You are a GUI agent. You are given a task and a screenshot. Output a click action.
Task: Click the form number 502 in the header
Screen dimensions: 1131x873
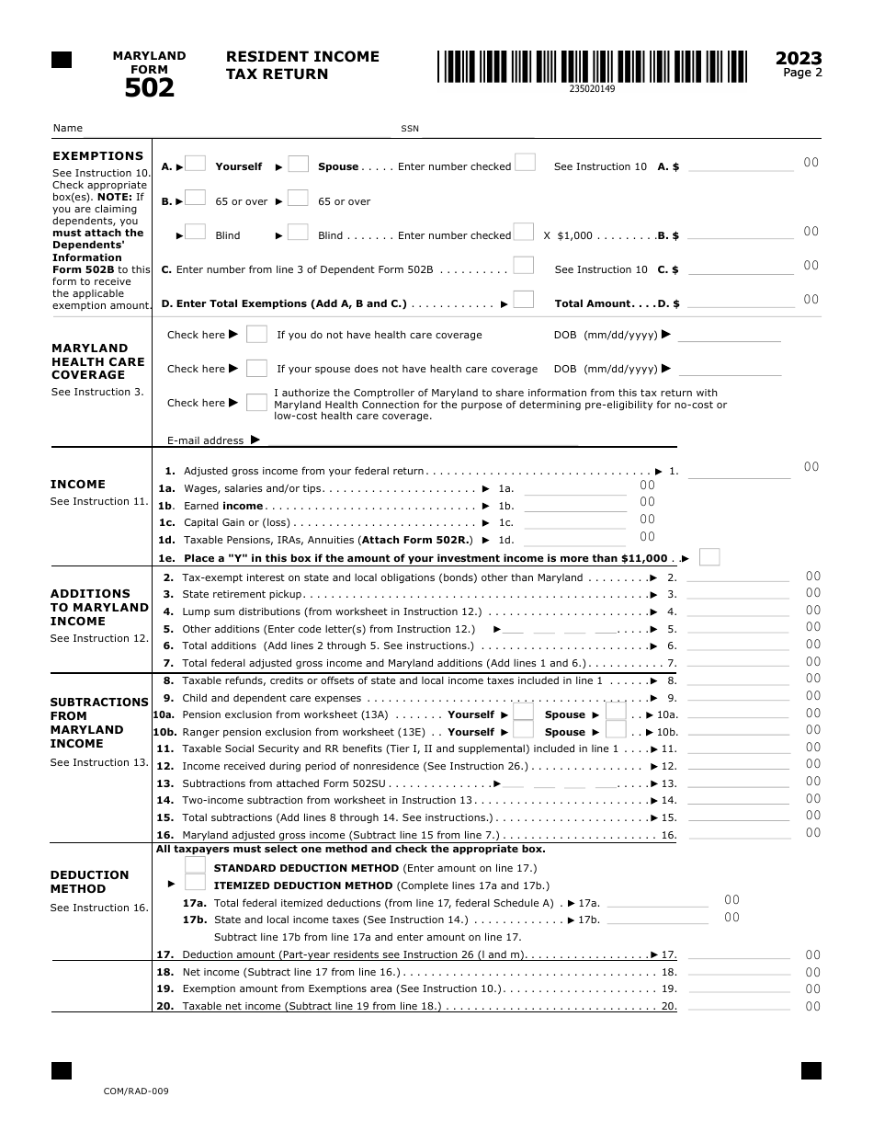pyautogui.click(x=149, y=87)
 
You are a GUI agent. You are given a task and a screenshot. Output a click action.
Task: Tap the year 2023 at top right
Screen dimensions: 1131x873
pyautogui.click(x=799, y=58)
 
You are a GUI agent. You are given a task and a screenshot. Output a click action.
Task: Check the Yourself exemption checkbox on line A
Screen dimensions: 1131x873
pyautogui.click(x=195, y=164)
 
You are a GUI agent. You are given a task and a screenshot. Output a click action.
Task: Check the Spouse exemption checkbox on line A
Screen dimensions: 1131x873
pyautogui.click(x=298, y=164)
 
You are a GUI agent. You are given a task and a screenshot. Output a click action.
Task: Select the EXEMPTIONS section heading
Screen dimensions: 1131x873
pyautogui.click(x=97, y=156)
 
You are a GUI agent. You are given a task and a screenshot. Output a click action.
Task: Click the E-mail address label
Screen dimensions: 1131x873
pyautogui.click(x=205, y=440)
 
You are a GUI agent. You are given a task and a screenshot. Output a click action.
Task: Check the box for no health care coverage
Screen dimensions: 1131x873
pyautogui.click(x=257, y=334)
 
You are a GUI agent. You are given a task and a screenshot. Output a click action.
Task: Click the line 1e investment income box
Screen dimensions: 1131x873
pyautogui.click(x=709, y=557)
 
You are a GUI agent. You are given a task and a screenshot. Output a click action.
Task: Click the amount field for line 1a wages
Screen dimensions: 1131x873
pyautogui.click(x=574, y=488)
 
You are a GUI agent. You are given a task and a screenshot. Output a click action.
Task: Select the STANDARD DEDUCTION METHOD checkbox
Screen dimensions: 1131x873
pyautogui.click(x=195, y=865)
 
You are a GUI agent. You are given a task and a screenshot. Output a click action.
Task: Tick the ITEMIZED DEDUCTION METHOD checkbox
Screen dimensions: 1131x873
pyautogui.click(x=195, y=883)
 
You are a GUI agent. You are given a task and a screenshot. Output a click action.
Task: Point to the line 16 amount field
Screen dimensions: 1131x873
pyautogui.click(x=738, y=835)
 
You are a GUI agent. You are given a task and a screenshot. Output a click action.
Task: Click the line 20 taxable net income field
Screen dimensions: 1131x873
pyautogui.click(x=738, y=1006)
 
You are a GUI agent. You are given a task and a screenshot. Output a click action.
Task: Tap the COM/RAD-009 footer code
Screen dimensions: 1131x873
pyautogui.click(x=136, y=1091)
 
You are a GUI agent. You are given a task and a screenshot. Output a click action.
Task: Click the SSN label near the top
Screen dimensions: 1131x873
pyautogui.click(x=409, y=129)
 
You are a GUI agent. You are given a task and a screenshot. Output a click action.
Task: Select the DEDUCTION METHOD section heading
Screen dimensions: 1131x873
pyautogui.click(x=89, y=882)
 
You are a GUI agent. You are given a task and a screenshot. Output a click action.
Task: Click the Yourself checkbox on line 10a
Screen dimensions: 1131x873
pyautogui.click(x=523, y=713)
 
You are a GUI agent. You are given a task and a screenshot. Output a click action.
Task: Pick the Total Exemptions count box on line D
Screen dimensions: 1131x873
pyautogui.click(x=523, y=300)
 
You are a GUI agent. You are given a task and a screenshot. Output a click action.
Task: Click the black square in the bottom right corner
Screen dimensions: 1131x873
pyautogui.click(x=811, y=1070)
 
